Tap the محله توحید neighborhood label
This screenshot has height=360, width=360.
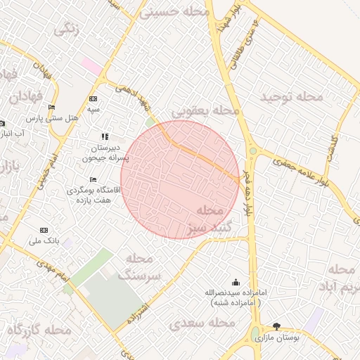tap(292, 97)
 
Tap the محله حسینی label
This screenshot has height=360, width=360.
tap(176, 12)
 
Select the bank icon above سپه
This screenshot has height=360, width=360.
tap(94, 99)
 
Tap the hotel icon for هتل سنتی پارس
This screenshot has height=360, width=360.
tap(51, 107)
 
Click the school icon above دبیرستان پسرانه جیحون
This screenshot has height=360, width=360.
tap(105, 136)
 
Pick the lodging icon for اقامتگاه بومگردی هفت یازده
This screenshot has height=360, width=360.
tap(94, 179)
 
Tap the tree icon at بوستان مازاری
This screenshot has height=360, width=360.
tap(276, 326)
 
